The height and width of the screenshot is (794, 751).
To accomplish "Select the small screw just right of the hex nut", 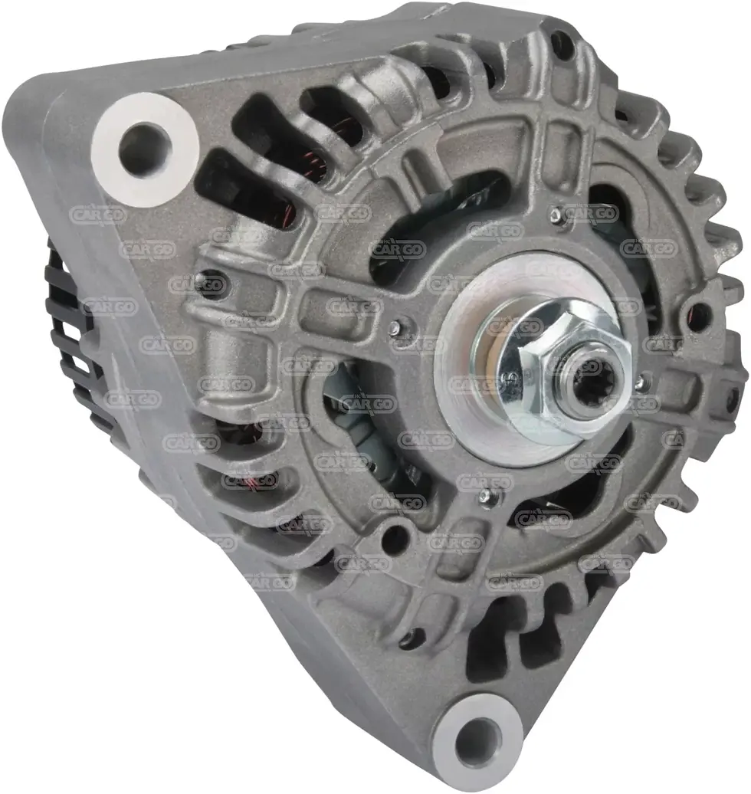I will tap(640, 378).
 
